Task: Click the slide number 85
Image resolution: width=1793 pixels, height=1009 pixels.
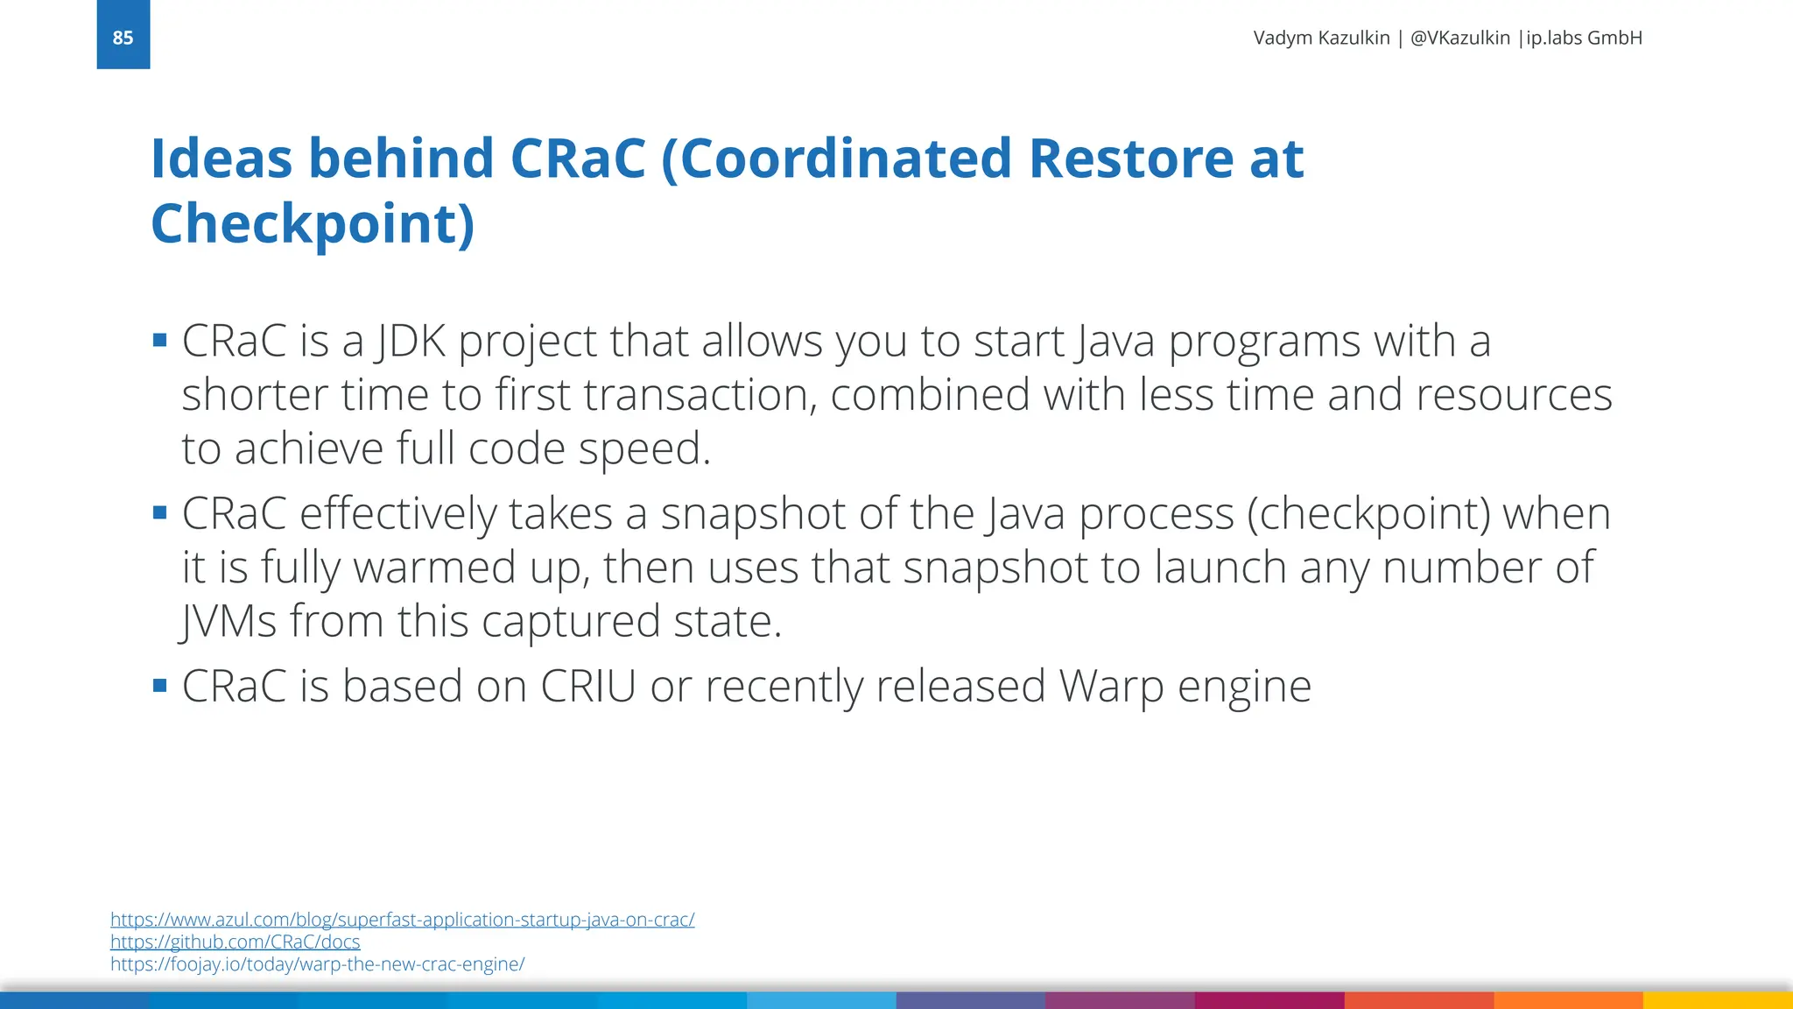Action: [123, 38]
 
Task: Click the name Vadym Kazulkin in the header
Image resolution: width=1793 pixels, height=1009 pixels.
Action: [1321, 38]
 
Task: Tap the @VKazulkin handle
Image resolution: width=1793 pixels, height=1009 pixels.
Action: [1459, 38]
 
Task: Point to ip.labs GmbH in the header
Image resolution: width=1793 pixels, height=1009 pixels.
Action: [1584, 38]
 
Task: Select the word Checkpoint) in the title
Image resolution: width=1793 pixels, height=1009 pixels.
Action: [313, 223]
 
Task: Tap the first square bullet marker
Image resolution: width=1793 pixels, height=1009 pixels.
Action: [159, 340]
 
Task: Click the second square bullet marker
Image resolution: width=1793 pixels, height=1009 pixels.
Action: [159, 512]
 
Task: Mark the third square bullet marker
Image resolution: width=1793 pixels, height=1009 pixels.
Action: [159, 685]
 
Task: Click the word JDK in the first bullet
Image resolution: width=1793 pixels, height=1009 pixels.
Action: [410, 341]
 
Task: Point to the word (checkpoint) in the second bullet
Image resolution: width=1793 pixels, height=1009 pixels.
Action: [1368, 513]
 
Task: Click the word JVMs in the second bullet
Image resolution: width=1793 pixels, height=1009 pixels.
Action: [229, 621]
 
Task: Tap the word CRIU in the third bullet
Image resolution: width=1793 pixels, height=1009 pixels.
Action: [587, 686]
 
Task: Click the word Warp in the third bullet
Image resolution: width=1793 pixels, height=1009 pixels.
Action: [1111, 688]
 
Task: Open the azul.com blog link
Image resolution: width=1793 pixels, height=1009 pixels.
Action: [402, 920]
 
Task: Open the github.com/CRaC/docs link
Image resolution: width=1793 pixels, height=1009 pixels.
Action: [235, 942]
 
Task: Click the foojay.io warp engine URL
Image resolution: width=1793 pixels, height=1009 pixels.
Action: [317, 964]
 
